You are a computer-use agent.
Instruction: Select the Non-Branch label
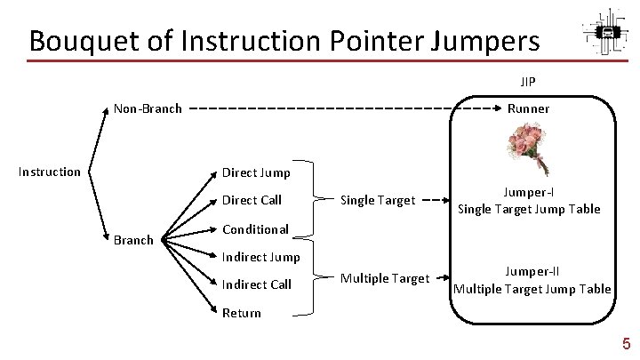pyautogui.click(x=148, y=109)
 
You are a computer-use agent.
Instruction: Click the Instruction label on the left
pyautogui.click(x=50, y=172)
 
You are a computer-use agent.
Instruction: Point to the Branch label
pyautogui.click(x=134, y=239)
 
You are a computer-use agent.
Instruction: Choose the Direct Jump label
pyautogui.click(x=255, y=172)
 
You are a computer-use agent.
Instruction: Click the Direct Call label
pyautogui.click(x=252, y=200)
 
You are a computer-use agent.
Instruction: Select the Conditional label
pyautogui.click(x=255, y=228)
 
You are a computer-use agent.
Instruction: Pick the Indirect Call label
pyautogui.click(x=256, y=284)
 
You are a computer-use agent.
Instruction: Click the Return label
pyautogui.click(x=241, y=313)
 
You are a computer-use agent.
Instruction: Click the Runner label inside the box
pyautogui.click(x=528, y=109)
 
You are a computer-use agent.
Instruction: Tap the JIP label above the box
pyautogui.click(x=528, y=81)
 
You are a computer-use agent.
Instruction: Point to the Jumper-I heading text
pyautogui.click(x=529, y=193)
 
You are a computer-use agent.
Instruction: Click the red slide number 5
pyautogui.click(x=626, y=344)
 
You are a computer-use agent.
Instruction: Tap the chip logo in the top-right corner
pyautogui.click(x=607, y=34)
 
